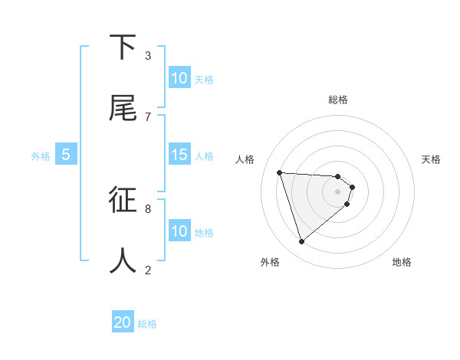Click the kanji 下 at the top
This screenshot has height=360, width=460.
pyautogui.click(x=123, y=47)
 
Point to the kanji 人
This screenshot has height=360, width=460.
pyautogui.click(x=123, y=261)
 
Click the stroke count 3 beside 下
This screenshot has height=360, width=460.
pyautogui.click(x=147, y=55)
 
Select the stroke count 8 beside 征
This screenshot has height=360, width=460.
pyautogui.click(x=147, y=208)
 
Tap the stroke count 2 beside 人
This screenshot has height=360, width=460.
pyautogui.click(x=147, y=269)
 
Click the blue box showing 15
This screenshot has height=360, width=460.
pyautogui.click(x=179, y=155)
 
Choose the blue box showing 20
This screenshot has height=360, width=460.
pyautogui.click(x=123, y=322)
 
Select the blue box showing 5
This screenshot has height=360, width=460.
pyautogui.click(x=66, y=155)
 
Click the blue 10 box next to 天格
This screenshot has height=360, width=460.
pyautogui.click(x=179, y=78)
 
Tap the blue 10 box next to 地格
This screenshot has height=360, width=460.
pyautogui.click(x=179, y=231)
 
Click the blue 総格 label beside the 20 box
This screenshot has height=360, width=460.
pyautogui.click(x=147, y=324)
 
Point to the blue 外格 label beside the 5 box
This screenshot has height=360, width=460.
pyautogui.click(x=41, y=156)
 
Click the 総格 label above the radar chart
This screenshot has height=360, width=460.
pyautogui.click(x=338, y=100)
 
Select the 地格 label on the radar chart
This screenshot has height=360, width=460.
pyautogui.click(x=402, y=262)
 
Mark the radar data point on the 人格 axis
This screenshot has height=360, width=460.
pyautogui.click(x=280, y=172)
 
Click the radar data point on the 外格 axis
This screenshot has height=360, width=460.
pyautogui.click(x=302, y=242)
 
